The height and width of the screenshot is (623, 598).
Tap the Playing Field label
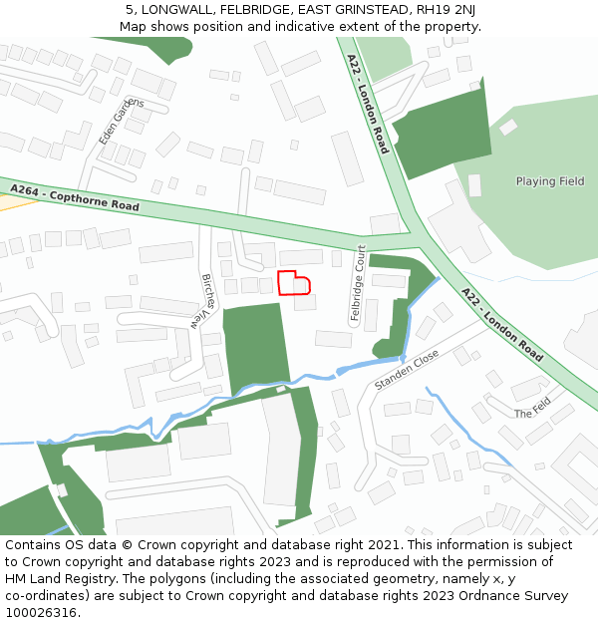[549, 181]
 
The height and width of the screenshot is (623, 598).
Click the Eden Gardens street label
[122, 122]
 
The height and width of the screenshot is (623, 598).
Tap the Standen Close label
[407, 370]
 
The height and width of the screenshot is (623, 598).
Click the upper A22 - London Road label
[368, 104]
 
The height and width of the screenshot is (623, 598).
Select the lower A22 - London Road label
[502, 325]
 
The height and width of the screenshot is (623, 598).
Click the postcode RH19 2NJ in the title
[446, 10]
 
